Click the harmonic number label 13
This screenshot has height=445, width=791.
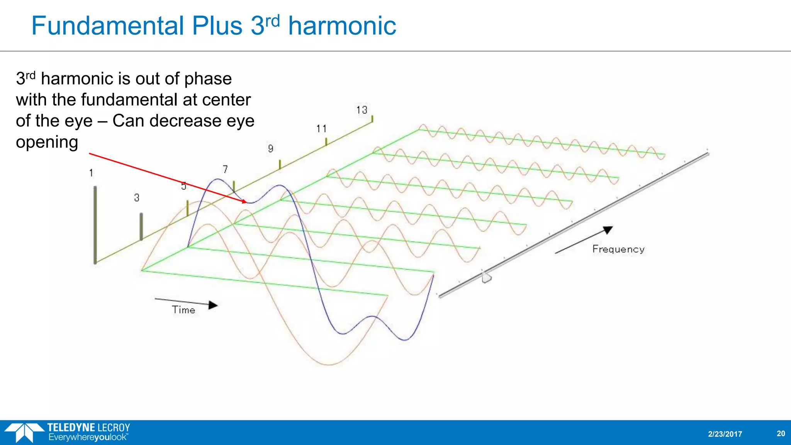362,110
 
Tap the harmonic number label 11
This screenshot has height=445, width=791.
321,129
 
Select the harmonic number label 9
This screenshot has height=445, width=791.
271,149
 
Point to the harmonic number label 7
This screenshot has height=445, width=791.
225,169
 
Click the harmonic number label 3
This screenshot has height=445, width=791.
137,198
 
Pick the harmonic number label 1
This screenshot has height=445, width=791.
91,173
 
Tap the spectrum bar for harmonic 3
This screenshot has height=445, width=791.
141,226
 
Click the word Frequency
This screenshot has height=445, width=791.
618,250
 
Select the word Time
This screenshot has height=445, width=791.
183,310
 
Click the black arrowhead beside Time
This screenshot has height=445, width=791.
213,305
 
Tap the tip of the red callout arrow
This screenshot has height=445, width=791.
245,202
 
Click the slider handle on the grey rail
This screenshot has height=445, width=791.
486,277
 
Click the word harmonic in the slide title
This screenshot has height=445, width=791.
342,26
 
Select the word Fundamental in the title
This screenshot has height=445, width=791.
107,26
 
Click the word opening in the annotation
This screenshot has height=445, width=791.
47,142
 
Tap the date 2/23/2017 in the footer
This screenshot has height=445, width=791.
725,434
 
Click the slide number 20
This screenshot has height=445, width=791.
781,433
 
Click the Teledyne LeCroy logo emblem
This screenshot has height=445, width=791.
24,432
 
